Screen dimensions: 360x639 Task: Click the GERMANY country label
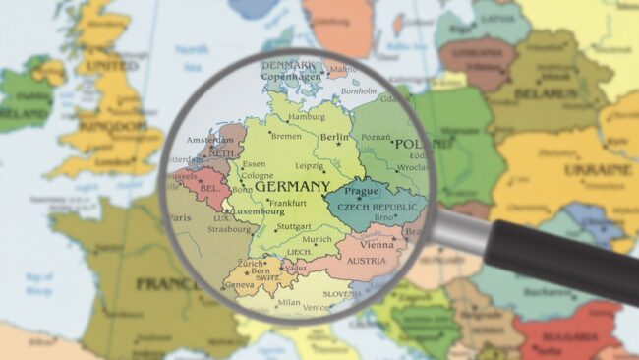pos(292,186)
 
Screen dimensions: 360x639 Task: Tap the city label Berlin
pos(335,138)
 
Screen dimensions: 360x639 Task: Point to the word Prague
pos(362,191)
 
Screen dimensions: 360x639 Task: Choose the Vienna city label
pos(377,243)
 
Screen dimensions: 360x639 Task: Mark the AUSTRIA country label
pos(366,261)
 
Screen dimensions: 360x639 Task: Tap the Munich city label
pos(318,239)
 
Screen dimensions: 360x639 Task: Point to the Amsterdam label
pos(209,141)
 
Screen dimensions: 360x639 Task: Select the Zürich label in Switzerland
pos(252,264)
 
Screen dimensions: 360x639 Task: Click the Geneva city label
pos(240,285)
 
